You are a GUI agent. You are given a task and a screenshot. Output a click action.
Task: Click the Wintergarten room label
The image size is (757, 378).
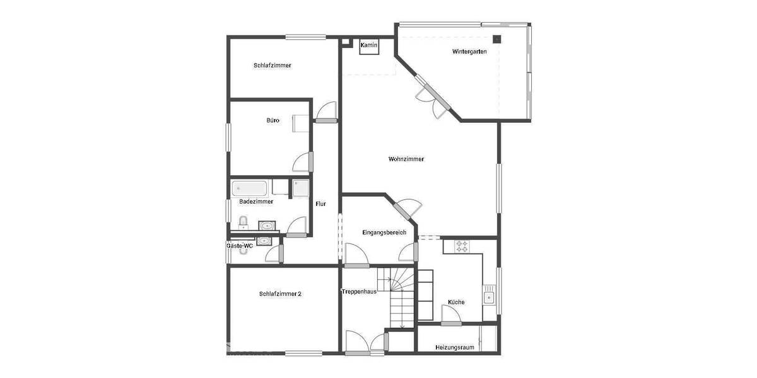[x=469, y=52]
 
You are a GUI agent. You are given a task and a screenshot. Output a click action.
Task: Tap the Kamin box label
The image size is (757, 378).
[x=368, y=45]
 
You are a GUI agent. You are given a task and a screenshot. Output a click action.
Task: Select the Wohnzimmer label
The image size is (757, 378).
[x=406, y=159]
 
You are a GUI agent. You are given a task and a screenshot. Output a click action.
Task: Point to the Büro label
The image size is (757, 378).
[x=273, y=120]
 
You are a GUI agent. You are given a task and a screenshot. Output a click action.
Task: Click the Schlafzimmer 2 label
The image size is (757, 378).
[x=280, y=294]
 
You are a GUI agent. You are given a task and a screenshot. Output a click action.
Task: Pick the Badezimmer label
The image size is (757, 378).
[x=256, y=202]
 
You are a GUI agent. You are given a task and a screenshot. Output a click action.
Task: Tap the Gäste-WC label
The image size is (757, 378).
[x=240, y=246]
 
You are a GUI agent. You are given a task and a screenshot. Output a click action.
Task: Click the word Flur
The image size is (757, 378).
[x=320, y=203]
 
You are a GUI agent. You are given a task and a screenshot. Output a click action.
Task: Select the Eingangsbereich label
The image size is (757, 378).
[x=380, y=232]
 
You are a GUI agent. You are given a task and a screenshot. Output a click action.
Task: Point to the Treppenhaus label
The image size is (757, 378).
[x=359, y=292]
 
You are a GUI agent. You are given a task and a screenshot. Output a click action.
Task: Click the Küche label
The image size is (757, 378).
[x=456, y=302]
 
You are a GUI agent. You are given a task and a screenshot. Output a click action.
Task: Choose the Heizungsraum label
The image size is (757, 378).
[x=454, y=347]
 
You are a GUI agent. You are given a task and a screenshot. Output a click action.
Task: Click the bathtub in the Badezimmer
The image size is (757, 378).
[x=250, y=188]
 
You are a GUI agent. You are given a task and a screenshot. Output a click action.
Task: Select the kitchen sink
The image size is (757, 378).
[x=489, y=297]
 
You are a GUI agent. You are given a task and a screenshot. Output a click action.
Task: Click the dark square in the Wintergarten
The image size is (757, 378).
[x=498, y=39]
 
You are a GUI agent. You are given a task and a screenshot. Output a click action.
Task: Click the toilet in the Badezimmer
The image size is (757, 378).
[x=243, y=222]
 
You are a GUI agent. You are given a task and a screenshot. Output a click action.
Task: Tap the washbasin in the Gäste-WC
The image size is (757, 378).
[x=264, y=241]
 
